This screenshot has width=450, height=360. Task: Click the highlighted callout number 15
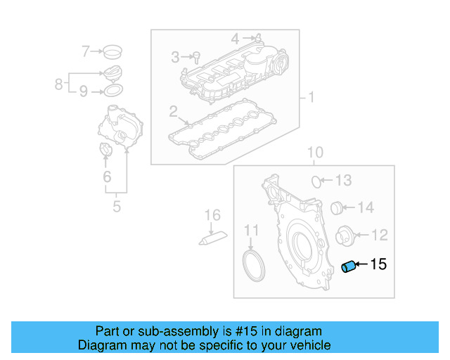coord(378,264)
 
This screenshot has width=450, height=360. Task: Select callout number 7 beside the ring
coord(86,51)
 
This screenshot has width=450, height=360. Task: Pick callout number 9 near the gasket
coord(83,91)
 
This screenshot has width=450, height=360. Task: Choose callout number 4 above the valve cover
coord(236,37)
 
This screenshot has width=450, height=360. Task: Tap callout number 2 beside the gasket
coord(173,111)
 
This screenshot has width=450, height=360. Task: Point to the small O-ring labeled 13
coord(316,181)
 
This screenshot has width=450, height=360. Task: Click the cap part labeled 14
coord(337,207)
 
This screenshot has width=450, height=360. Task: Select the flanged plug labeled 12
coord(345,235)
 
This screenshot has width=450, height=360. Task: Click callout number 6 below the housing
coord(107,176)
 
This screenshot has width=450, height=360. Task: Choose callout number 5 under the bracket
coord(117,207)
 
